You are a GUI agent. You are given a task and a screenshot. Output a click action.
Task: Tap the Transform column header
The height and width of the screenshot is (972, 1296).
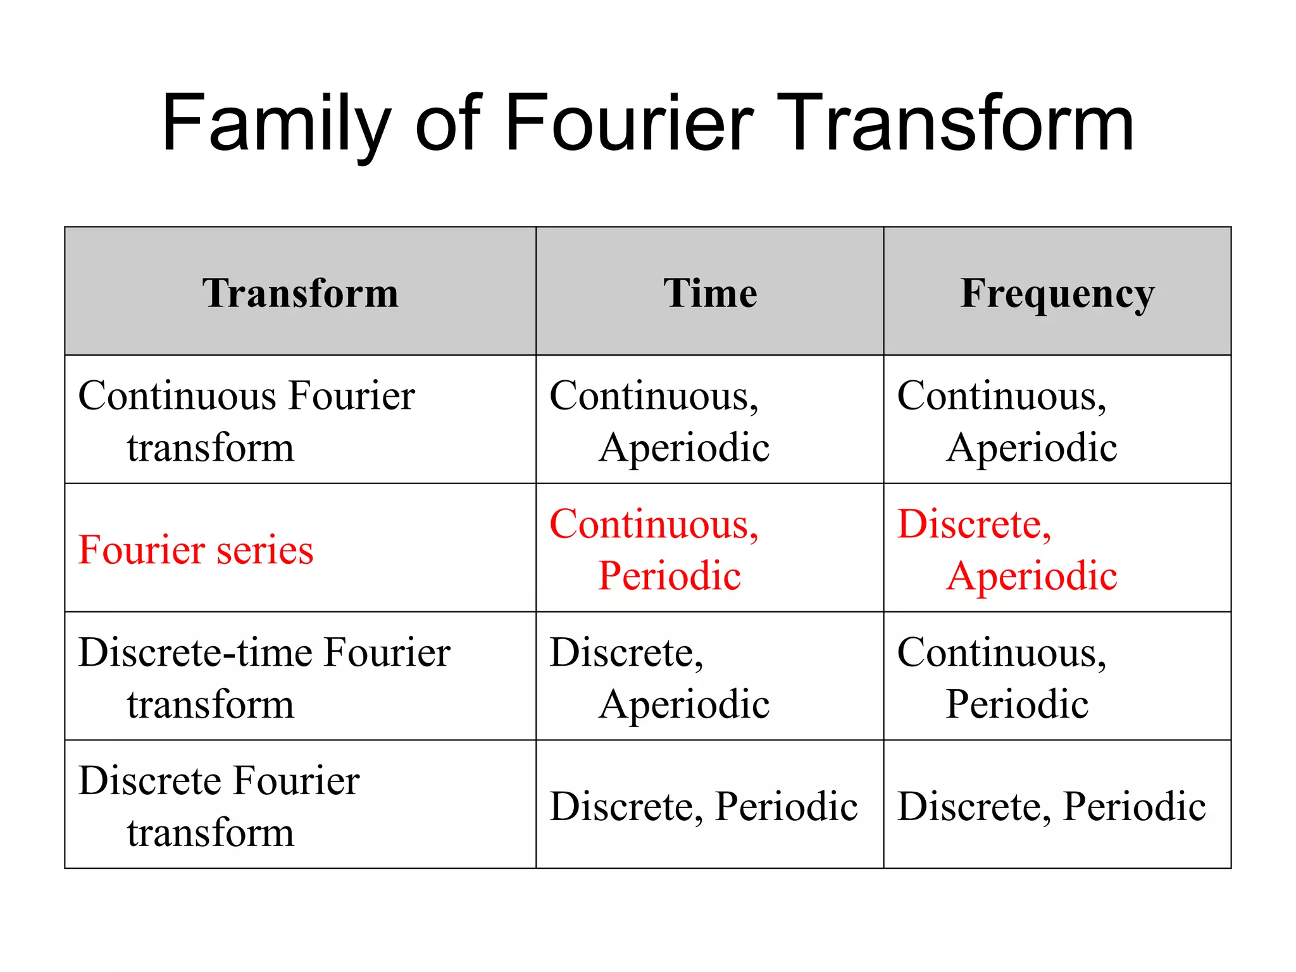coord(301,293)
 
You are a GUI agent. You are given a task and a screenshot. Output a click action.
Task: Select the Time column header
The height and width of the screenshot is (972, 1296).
coord(710,293)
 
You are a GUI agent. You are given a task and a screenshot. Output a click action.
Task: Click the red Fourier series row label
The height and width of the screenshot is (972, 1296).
coord(196,549)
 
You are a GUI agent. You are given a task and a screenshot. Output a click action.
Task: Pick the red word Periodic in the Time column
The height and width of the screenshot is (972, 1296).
coord(670,576)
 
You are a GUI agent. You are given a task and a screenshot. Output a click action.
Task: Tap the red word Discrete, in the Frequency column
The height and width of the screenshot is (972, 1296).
coord(975,525)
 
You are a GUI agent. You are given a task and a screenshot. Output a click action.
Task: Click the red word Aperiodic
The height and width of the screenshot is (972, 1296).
coord(1031,576)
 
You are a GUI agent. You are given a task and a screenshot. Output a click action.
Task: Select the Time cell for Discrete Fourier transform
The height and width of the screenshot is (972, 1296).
coord(704,806)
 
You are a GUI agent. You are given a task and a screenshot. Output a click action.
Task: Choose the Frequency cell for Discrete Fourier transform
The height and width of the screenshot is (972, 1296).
coord(1052,806)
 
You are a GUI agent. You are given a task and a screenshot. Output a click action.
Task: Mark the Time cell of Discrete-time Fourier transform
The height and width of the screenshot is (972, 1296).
coord(658,678)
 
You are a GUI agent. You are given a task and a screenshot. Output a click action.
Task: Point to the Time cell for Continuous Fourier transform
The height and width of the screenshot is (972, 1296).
coord(658,421)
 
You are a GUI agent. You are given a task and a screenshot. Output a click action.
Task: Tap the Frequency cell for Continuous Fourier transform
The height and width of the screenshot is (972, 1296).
coord(1006,421)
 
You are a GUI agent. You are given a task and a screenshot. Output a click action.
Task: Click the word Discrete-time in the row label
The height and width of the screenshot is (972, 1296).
coord(196,652)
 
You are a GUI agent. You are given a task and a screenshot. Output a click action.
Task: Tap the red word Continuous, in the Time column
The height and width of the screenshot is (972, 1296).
coord(654,525)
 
